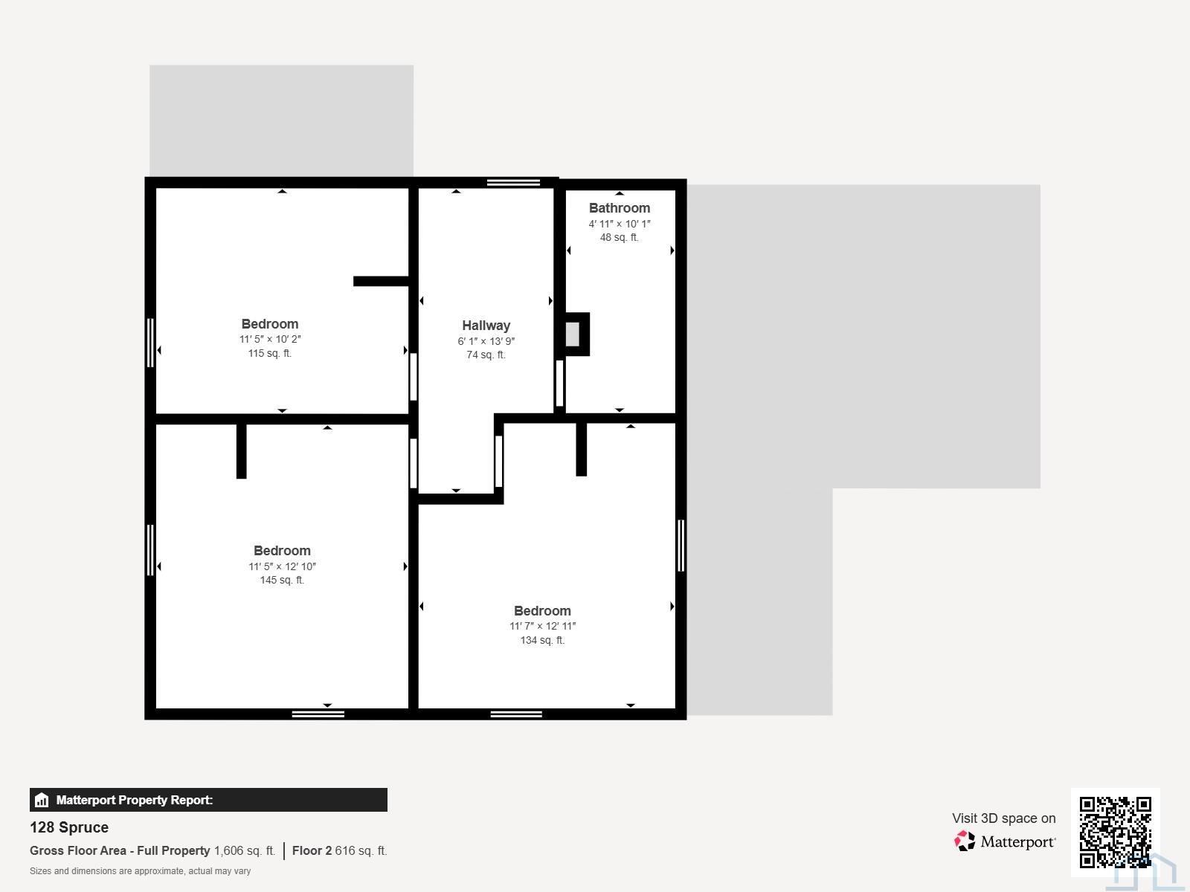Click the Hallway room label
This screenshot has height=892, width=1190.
coord(486,326)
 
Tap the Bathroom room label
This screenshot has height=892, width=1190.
coord(619,208)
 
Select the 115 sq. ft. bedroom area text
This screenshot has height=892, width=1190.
coord(269,353)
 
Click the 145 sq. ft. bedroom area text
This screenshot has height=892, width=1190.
coord(282,580)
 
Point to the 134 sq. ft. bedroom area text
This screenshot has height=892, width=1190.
coord(542,640)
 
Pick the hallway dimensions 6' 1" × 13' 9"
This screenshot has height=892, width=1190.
coord(486,341)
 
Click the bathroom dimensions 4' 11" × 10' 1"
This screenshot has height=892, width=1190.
coord(619,224)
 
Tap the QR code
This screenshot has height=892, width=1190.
coord(1115,832)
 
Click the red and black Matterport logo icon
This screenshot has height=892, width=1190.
coord(965,841)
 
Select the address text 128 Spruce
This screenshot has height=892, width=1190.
coord(69,827)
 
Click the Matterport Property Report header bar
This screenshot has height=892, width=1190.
coord(208,800)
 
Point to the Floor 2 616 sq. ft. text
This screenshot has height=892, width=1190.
coord(339,851)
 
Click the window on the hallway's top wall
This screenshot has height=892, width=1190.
coord(513,183)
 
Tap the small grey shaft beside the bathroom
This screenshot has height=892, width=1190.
coord(573,334)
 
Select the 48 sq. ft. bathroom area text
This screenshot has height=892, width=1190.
coord(619,237)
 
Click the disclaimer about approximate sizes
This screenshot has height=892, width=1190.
coord(140,871)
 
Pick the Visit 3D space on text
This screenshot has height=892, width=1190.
coord(1003,818)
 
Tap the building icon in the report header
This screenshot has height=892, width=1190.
coord(42,800)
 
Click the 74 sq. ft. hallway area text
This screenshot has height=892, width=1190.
coord(486,355)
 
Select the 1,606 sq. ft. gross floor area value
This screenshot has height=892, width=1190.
coord(245,851)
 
